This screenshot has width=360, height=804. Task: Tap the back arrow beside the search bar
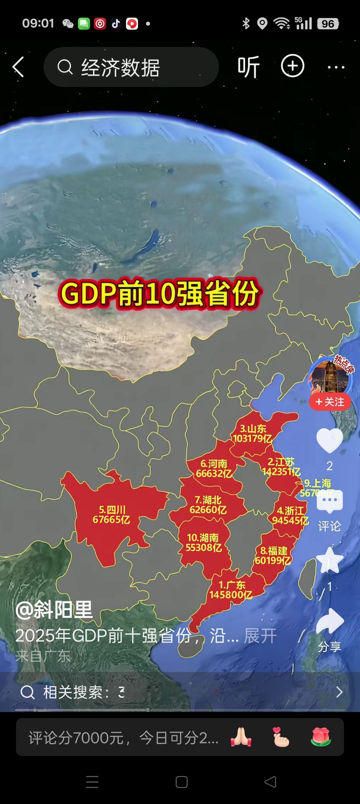point(18,67)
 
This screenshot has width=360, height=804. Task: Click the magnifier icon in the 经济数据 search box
point(65,67)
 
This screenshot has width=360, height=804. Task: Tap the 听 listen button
point(249,67)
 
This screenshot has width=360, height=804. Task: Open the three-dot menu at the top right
point(336,67)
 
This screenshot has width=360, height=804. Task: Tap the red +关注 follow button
point(330,402)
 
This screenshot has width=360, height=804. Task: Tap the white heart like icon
point(329,441)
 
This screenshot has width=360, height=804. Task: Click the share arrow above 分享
point(329,621)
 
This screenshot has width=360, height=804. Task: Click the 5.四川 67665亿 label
point(111,515)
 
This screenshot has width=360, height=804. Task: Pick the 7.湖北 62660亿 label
point(208,505)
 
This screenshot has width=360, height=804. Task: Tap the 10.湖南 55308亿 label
point(203,542)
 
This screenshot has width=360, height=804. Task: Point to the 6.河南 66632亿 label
point(214,468)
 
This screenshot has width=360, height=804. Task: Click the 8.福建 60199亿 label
point(273,555)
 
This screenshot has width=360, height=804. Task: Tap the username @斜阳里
point(54,610)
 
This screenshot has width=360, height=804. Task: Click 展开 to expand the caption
point(260,636)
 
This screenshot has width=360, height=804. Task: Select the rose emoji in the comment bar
point(321,737)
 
